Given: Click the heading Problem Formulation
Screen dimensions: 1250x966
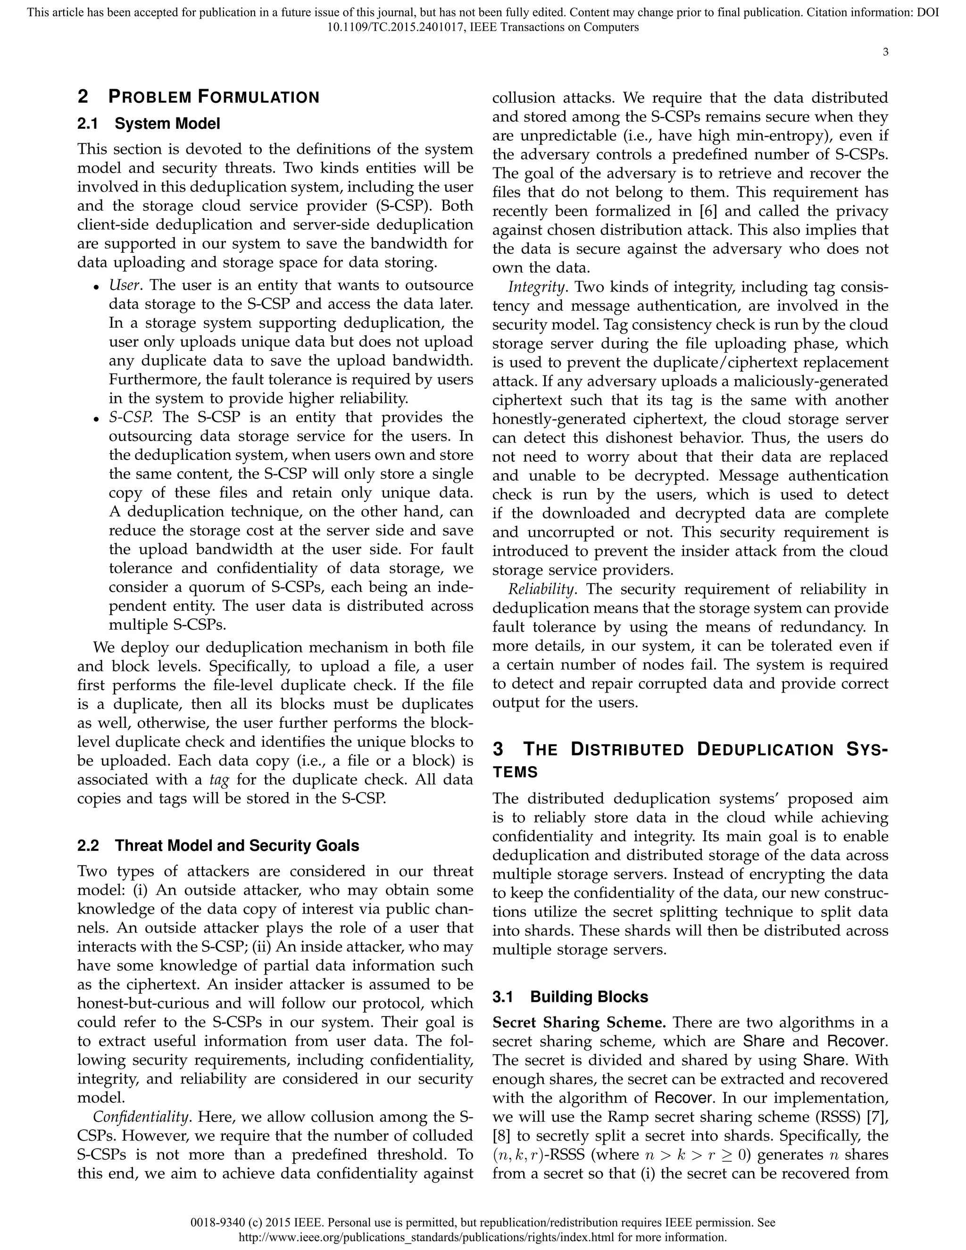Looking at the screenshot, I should (213, 97).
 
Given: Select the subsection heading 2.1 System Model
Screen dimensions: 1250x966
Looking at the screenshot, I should (167, 124).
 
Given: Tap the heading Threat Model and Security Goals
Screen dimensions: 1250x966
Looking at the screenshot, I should (237, 846).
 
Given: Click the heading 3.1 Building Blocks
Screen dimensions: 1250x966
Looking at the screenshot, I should (589, 997).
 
